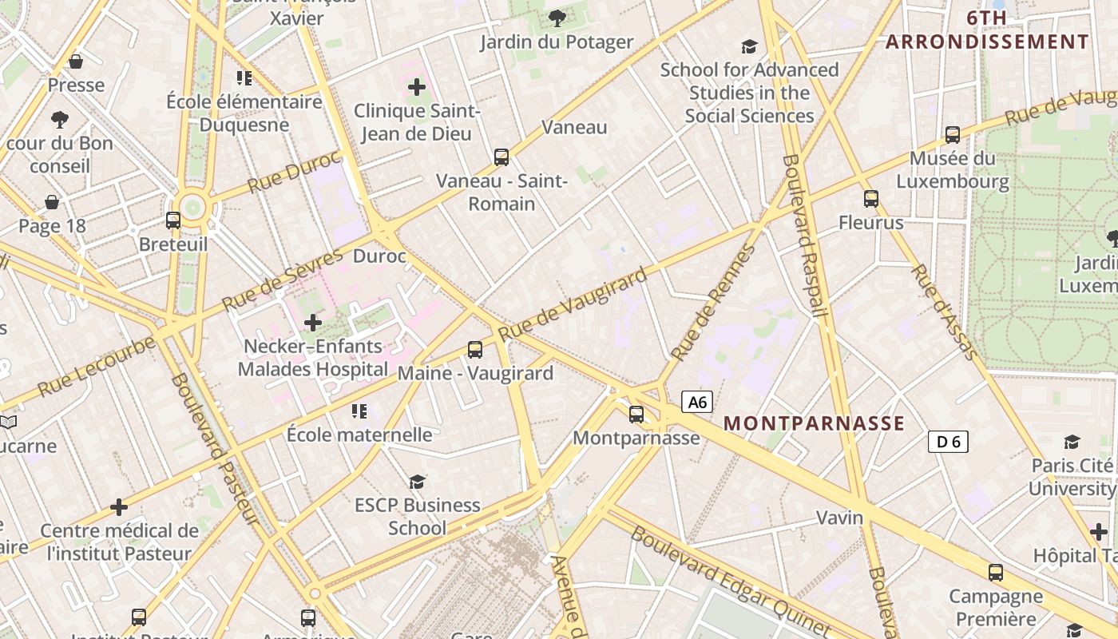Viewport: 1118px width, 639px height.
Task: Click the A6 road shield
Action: (x=697, y=402)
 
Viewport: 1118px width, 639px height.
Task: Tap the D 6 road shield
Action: (x=948, y=441)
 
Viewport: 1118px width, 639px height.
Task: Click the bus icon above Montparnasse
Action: (x=636, y=415)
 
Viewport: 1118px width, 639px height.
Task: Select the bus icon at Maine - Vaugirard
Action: (x=475, y=349)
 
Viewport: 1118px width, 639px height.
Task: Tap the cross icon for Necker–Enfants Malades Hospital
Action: (x=313, y=323)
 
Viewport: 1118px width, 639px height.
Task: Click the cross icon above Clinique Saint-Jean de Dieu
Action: (x=417, y=87)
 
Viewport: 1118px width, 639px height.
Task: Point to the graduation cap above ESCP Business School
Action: (x=418, y=481)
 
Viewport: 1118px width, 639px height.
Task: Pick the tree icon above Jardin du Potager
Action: (x=557, y=18)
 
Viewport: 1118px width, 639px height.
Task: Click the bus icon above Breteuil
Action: (x=173, y=220)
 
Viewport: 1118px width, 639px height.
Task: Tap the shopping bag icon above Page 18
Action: (x=52, y=202)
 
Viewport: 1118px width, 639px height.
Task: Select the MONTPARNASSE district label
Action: (x=814, y=423)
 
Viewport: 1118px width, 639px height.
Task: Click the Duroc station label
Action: (x=379, y=256)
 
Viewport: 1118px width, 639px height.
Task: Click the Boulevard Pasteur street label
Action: (x=214, y=449)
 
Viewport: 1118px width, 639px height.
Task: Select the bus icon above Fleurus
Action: (x=871, y=199)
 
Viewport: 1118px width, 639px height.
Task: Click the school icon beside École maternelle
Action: (x=359, y=411)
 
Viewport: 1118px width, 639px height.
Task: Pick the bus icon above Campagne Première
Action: (x=995, y=572)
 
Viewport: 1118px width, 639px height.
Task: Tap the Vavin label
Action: (x=839, y=518)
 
